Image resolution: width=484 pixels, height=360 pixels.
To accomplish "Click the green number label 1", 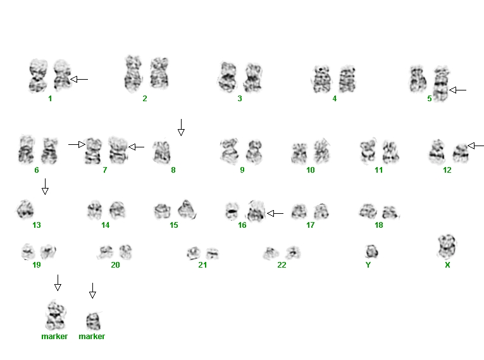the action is point(50,99).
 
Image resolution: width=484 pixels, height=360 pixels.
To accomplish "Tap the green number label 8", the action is point(173,170).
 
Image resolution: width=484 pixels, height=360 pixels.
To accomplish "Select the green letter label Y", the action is point(368,264).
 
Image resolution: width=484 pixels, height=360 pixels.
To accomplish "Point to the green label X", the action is point(447,264).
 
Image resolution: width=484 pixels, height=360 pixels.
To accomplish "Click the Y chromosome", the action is point(371,251).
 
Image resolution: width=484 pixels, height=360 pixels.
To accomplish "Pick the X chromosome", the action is point(447,246).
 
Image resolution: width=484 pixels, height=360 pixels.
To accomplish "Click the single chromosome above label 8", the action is point(162,152).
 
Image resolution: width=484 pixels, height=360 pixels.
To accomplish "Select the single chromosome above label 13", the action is point(25,209).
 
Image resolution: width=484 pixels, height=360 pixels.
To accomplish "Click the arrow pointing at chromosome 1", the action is point(79,79).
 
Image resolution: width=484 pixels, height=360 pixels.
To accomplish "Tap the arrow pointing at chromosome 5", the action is point(458,90).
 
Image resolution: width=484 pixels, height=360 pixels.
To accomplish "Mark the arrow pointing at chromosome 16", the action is point(275,213).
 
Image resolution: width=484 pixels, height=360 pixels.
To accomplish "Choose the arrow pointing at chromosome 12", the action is point(476,146).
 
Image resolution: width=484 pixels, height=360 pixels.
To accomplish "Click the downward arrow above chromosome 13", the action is point(45,187).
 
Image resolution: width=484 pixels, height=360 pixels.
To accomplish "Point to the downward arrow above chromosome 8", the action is point(181,128).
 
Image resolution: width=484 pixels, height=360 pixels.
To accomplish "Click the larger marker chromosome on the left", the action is point(55,316).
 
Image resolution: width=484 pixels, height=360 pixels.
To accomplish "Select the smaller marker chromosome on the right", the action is point(93,321).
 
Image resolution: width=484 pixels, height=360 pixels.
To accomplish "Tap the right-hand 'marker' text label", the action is point(92,336).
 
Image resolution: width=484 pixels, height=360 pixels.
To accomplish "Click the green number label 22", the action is point(282,264).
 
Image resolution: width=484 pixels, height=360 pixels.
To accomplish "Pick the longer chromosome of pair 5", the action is point(441,84).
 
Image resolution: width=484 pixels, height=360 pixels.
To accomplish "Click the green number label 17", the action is point(310,225).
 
